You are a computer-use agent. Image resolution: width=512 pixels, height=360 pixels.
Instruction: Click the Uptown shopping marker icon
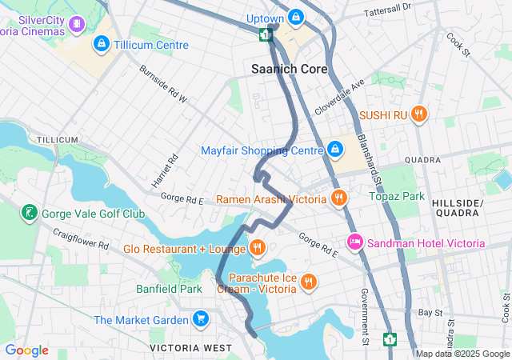297,18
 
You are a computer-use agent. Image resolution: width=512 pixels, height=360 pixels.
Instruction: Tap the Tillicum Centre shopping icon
102,44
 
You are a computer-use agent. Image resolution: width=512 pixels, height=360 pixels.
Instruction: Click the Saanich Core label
290,70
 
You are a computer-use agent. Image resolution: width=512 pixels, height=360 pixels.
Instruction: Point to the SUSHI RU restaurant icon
418,114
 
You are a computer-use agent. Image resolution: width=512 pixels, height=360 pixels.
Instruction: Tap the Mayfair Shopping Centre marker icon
335,150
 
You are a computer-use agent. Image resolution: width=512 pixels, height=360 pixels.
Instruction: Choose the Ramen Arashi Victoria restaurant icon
339,198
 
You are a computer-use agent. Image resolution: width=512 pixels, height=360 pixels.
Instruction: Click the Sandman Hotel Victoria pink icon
354,242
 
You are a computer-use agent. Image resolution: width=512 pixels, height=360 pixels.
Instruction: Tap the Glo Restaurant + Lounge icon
257,248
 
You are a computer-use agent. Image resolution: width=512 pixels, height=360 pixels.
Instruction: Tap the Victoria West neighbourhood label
190,348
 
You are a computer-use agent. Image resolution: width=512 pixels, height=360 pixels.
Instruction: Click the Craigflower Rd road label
80,238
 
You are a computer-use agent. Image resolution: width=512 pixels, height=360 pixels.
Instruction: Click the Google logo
26,350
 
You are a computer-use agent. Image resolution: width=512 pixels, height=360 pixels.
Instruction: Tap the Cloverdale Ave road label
339,94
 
